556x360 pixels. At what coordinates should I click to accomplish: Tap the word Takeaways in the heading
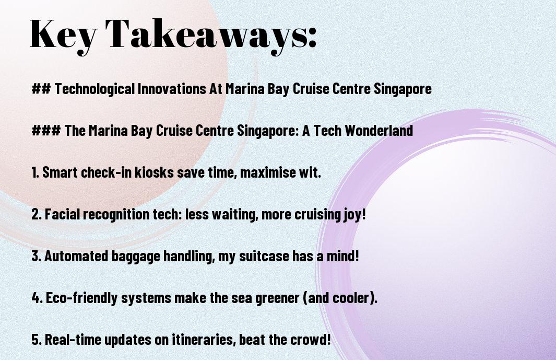[206, 35]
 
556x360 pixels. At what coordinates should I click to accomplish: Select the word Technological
[94, 89]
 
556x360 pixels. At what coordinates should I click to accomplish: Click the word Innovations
[172, 88]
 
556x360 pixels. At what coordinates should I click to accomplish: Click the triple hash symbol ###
[46, 130]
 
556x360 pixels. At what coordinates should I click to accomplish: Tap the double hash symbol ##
[41, 89]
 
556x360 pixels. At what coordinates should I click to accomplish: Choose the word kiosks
[154, 172]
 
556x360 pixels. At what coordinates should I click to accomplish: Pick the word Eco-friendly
[82, 298]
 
